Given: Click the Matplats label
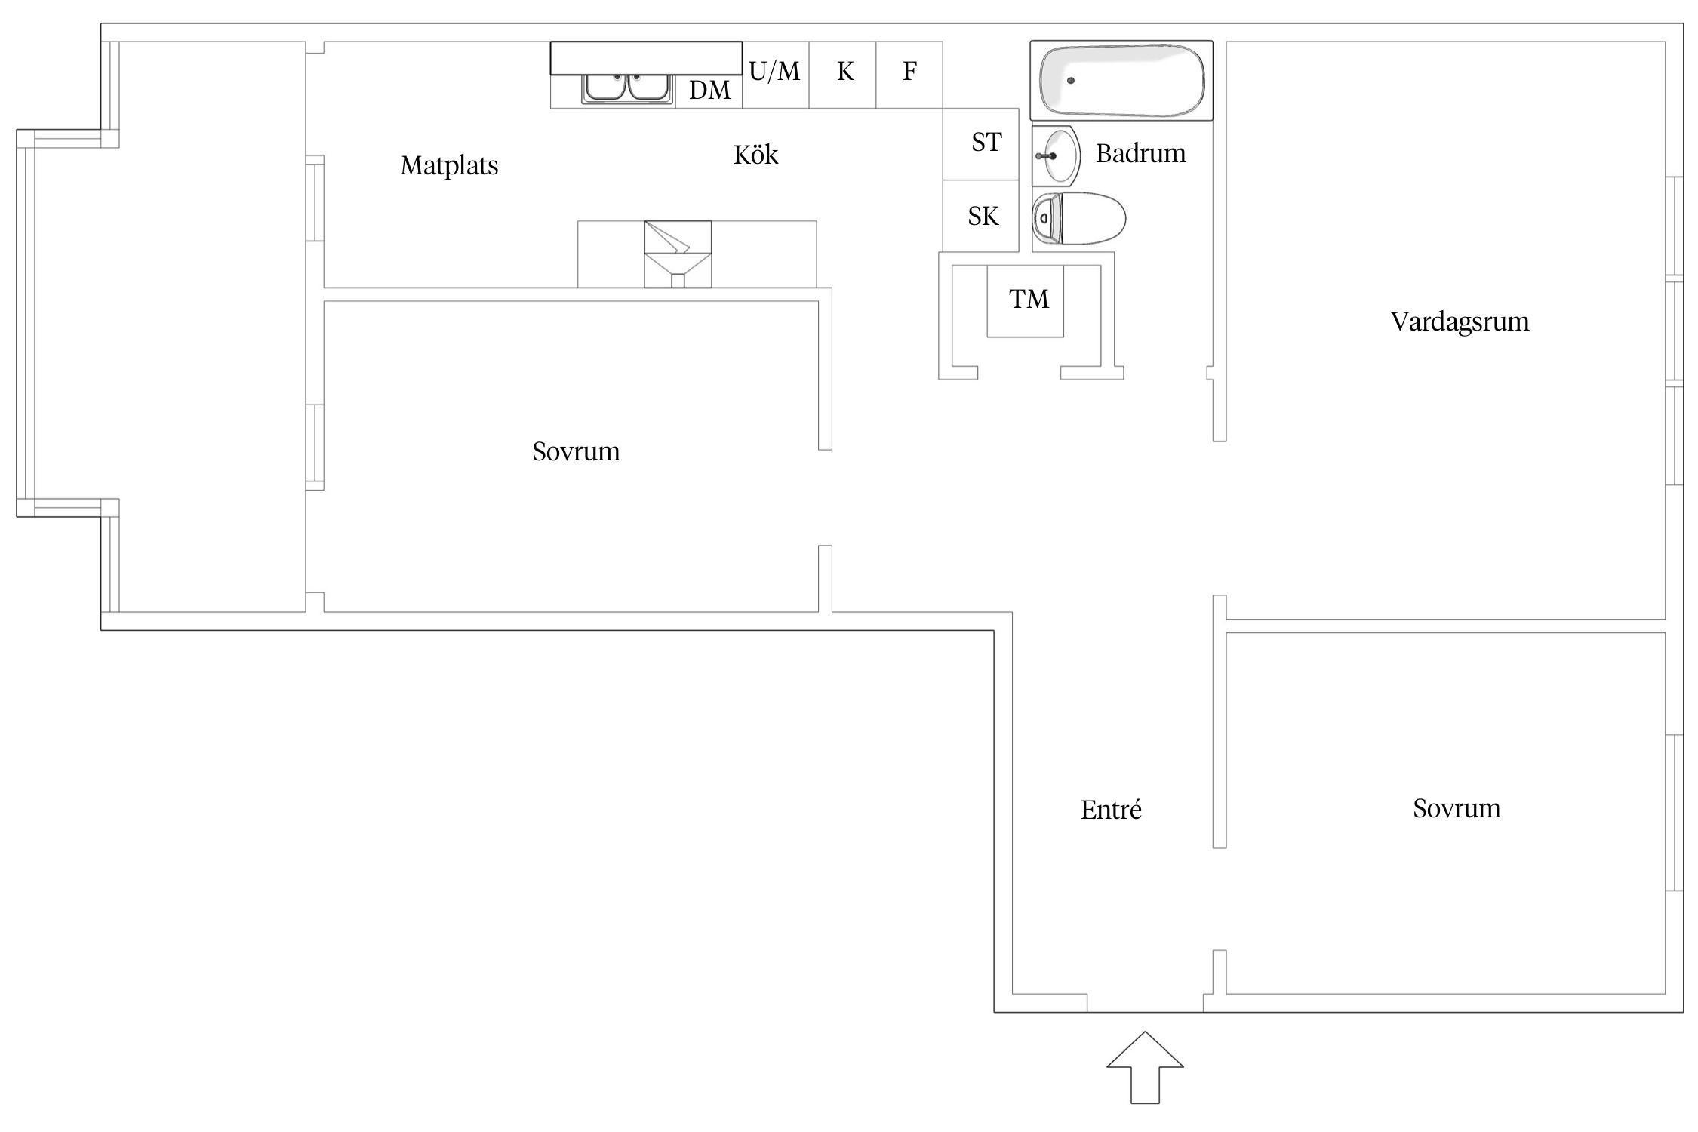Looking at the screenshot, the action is [x=449, y=165].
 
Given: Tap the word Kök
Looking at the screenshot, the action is [x=755, y=155].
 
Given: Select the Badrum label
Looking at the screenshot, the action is [x=1140, y=153].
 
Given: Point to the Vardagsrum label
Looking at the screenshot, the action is [x=1460, y=321].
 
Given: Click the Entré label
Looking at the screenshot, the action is [x=1111, y=810].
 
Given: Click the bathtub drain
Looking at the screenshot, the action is [x=1070, y=81].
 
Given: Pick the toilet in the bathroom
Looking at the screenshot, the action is [x=1078, y=219].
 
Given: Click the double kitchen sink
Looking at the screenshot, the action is [x=627, y=88].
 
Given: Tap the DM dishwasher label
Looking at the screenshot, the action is [x=709, y=91].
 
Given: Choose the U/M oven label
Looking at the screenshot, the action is [x=774, y=72].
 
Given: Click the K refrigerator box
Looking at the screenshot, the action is [x=842, y=75].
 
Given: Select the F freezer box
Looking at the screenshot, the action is [x=909, y=75].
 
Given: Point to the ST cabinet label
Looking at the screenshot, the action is [x=986, y=142].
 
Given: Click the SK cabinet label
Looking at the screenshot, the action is [x=983, y=217].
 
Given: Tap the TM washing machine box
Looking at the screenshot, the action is [x=1026, y=300].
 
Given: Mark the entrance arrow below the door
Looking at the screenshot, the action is [x=1145, y=1067].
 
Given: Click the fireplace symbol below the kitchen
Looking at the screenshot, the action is [x=678, y=254].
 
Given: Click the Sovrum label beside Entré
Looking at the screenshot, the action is [x=1457, y=808].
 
